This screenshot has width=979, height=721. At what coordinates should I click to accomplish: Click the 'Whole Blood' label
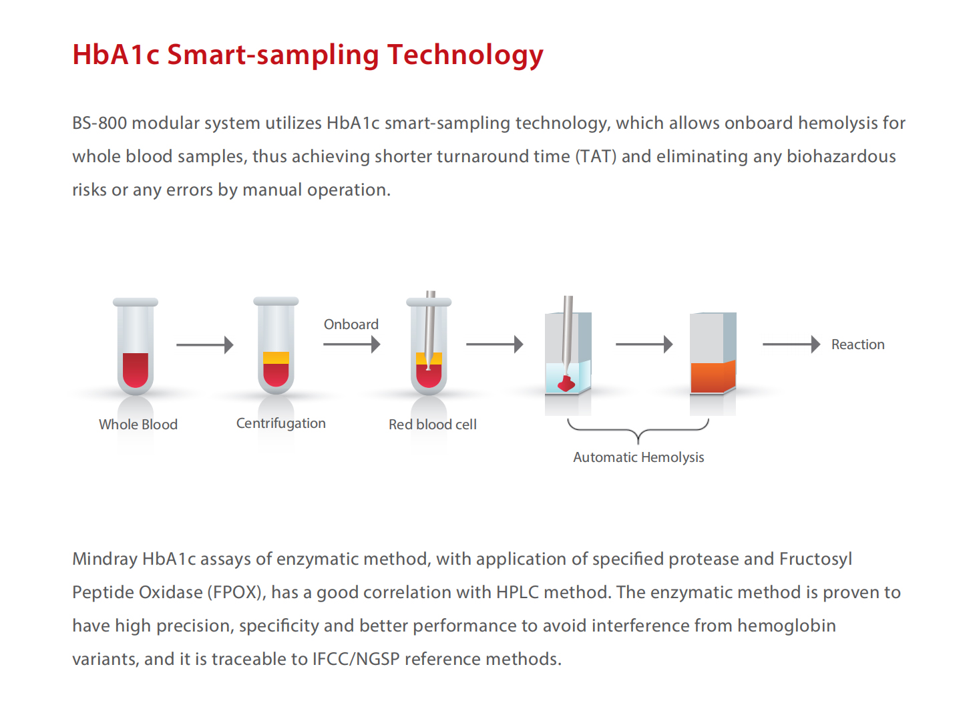[x=138, y=425]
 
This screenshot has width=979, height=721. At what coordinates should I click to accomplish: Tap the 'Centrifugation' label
[x=281, y=423]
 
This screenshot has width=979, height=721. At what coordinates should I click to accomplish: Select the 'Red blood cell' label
[x=433, y=425]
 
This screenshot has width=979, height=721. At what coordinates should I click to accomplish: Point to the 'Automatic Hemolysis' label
[x=638, y=457]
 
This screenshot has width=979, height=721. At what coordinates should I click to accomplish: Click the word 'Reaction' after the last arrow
[x=858, y=344]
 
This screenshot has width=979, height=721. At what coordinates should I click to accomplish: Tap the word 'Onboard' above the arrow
[x=351, y=324]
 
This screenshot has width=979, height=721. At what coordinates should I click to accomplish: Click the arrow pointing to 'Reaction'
[x=791, y=344]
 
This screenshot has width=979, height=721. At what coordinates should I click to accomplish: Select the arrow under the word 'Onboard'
[x=352, y=344]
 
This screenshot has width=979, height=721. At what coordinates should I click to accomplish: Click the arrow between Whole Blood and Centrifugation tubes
[x=205, y=344]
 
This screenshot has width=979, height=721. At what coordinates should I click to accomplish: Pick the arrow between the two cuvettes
[x=644, y=344]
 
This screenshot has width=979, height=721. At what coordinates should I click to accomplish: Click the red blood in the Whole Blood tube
[x=136, y=370]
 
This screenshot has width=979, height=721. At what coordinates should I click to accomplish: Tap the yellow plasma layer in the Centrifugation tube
[x=276, y=358]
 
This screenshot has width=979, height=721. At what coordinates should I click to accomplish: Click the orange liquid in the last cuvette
[x=713, y=377]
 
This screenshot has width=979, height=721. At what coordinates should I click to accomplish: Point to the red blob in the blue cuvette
[x=567, y=384]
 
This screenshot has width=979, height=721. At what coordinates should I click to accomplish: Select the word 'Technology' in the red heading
[x=465, y=55]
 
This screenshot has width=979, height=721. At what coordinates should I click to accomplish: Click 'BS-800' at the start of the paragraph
[x=100, y=123]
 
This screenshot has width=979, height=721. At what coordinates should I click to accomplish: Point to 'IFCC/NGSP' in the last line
[x=356, y=659]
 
